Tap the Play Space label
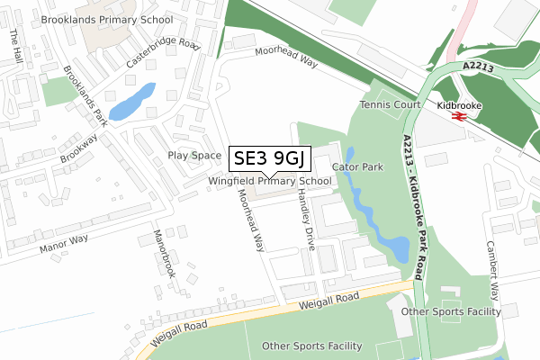tap(194, 156)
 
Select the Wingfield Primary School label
tap(269, 181)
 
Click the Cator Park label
tap(358, 167)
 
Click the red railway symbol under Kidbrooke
tap(456, 116)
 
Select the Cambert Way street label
tap(491, 265)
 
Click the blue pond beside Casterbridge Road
tap(132, 102)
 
